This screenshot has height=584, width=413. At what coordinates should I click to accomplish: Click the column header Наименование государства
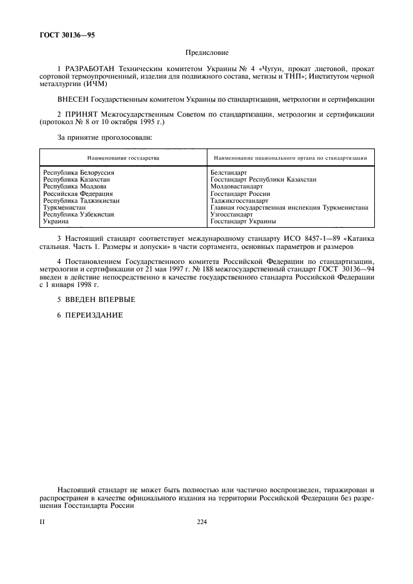pyautogui.click(x=123, y=158)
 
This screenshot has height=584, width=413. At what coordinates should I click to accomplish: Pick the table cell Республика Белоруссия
pyautogui.click(x=79, y=172)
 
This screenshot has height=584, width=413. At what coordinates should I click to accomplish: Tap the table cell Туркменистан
pyautogui.click(x=64, y=208)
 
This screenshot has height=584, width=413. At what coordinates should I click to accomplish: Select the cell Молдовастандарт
pyautogui.click(x=237, y=187)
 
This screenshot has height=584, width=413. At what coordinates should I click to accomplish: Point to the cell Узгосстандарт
pyautogui.click(x=232, y=215)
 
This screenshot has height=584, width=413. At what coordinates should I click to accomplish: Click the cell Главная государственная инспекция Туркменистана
pyautogui.click(x=289, y=208)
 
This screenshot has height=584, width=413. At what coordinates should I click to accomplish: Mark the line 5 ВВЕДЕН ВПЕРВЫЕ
pyautogui.click(x=96, y=299)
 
